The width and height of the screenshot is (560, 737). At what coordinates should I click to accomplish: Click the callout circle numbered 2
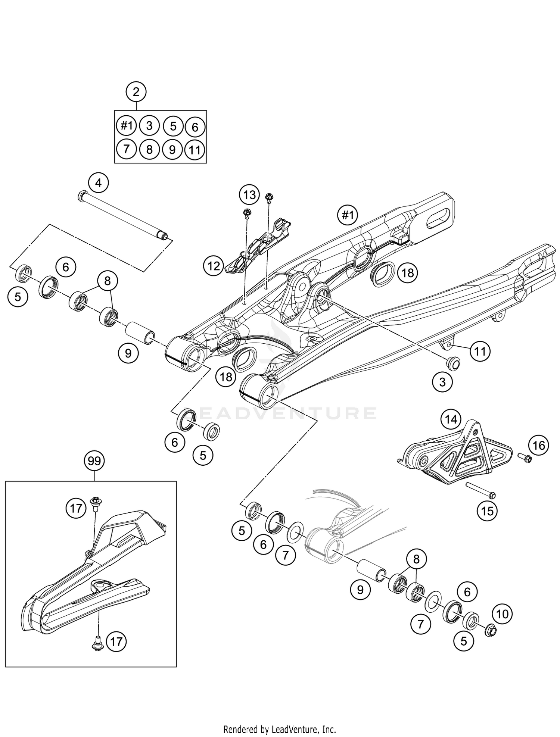coord(136,91)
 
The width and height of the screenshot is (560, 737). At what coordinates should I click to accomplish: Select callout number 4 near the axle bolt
coord(98,183)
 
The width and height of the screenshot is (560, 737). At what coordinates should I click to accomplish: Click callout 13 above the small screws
coord(249,194)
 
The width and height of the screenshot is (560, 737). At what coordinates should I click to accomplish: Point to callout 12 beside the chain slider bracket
coord(214,266)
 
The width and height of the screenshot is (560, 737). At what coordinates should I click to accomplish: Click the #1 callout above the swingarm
coord(347,215)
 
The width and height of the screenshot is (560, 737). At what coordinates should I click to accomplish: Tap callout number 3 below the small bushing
coord(442,382)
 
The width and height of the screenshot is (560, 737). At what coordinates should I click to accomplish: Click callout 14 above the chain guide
coord(451,419)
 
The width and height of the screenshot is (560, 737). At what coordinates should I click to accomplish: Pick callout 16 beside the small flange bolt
coord(539,445)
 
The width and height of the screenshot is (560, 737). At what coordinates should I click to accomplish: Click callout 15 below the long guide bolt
coord(487,510)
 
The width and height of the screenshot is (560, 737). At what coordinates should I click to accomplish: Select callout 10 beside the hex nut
coord(503,614)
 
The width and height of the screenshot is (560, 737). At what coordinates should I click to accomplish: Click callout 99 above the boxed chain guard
coord(94,461)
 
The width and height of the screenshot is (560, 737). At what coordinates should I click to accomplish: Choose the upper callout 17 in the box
coord(76,508)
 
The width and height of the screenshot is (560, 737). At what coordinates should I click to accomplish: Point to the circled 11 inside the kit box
coord(195,150)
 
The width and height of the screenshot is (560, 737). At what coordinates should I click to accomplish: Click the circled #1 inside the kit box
coord(127,126)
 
